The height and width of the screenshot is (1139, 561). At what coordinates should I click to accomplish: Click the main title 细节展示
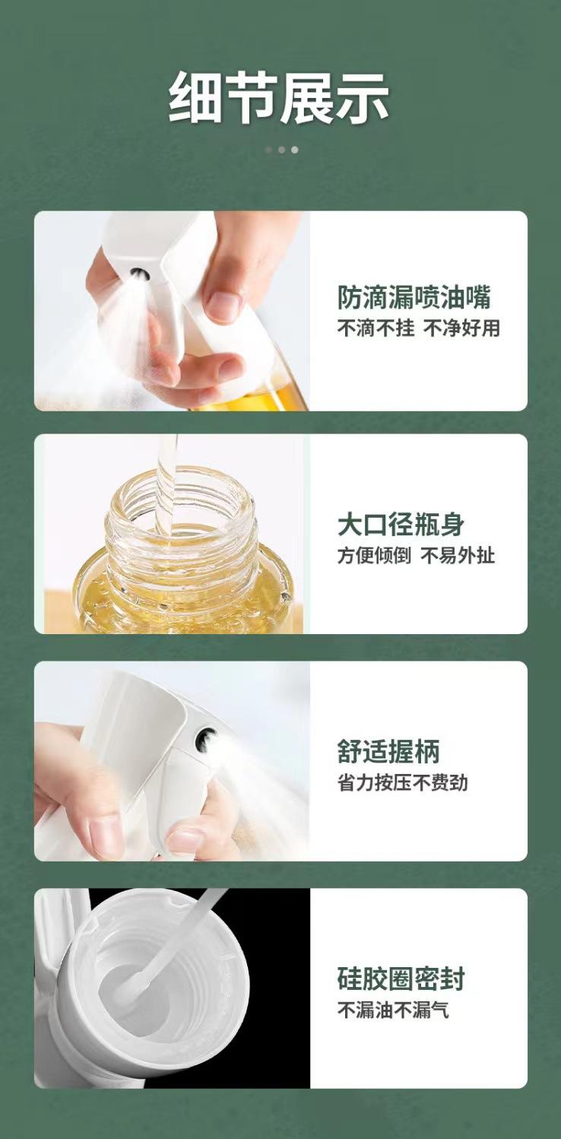(279, 97)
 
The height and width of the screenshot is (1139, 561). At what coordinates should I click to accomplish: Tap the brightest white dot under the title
(295, 150)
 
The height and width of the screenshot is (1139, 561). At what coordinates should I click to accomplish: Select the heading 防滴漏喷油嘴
(414, 297)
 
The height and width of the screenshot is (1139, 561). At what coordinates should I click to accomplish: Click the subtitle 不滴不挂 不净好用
(419, 328)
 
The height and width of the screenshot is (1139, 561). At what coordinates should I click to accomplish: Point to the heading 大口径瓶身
(401, 524)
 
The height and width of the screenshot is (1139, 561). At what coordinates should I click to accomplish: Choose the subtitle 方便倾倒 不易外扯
(416, 555)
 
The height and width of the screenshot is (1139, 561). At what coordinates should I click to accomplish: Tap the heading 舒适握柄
(388, 751)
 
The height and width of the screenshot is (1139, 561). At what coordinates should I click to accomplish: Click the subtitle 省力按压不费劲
(402, 782)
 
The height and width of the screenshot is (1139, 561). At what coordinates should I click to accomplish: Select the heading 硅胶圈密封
(401, 979)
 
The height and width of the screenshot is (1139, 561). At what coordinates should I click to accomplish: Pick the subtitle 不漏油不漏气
(393, 1010)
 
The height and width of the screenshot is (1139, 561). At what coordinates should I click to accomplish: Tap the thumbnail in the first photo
(223, 306)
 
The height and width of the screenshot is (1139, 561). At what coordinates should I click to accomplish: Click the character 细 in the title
(195, 97)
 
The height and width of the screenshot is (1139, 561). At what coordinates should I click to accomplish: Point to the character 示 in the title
(363, 97)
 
